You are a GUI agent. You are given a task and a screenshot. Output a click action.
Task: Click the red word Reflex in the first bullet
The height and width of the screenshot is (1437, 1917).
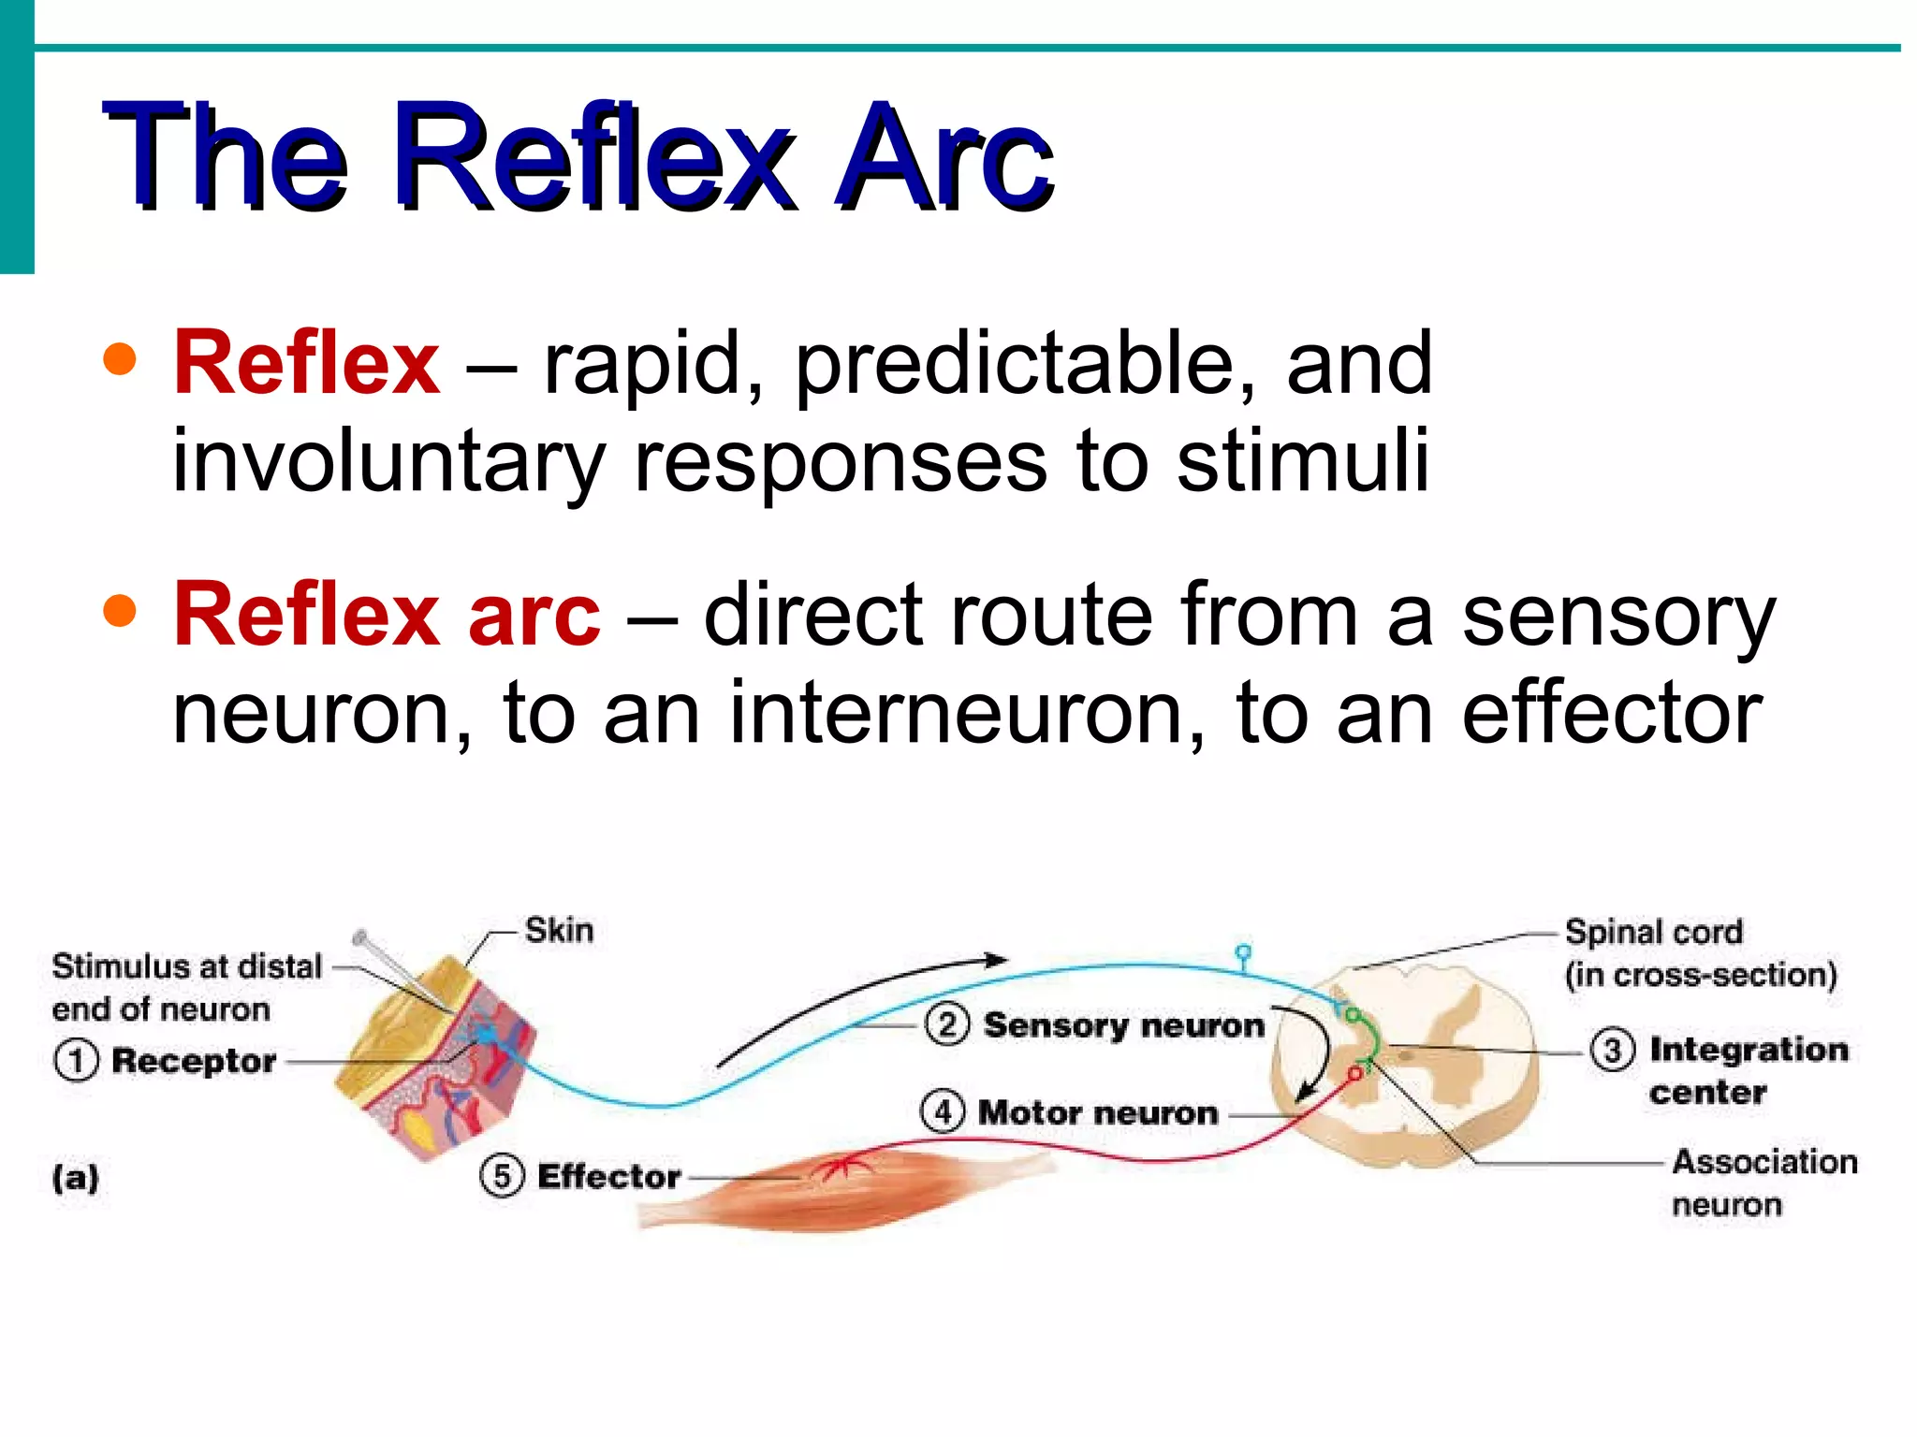(306, 363)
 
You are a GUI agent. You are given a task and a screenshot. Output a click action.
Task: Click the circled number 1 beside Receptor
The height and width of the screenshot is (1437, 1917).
(76, 1061)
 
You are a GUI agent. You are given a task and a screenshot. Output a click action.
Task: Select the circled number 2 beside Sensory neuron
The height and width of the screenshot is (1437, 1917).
(947, 1024)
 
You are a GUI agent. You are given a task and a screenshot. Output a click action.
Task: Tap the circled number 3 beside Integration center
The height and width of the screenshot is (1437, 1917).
(1613, 1050)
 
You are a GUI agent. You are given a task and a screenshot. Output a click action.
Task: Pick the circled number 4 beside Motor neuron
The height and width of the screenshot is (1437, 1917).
(943, 1112)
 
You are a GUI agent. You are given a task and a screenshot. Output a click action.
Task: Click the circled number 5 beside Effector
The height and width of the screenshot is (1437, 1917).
(503, 1176)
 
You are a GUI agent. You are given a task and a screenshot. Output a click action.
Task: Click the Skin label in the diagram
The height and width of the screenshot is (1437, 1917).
(559, 931)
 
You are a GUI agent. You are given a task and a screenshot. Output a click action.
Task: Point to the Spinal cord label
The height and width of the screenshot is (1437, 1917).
(1654, 933)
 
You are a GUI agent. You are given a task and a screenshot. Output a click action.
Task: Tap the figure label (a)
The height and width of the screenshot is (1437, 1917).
(76, 1178)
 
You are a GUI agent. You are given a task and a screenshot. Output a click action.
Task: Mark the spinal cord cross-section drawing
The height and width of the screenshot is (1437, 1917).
(1404, 1067)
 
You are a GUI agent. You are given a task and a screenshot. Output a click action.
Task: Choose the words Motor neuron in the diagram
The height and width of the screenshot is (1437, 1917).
(1098, 1112)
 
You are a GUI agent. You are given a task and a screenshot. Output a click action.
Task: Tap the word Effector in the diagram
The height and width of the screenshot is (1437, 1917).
(608, 1176)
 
